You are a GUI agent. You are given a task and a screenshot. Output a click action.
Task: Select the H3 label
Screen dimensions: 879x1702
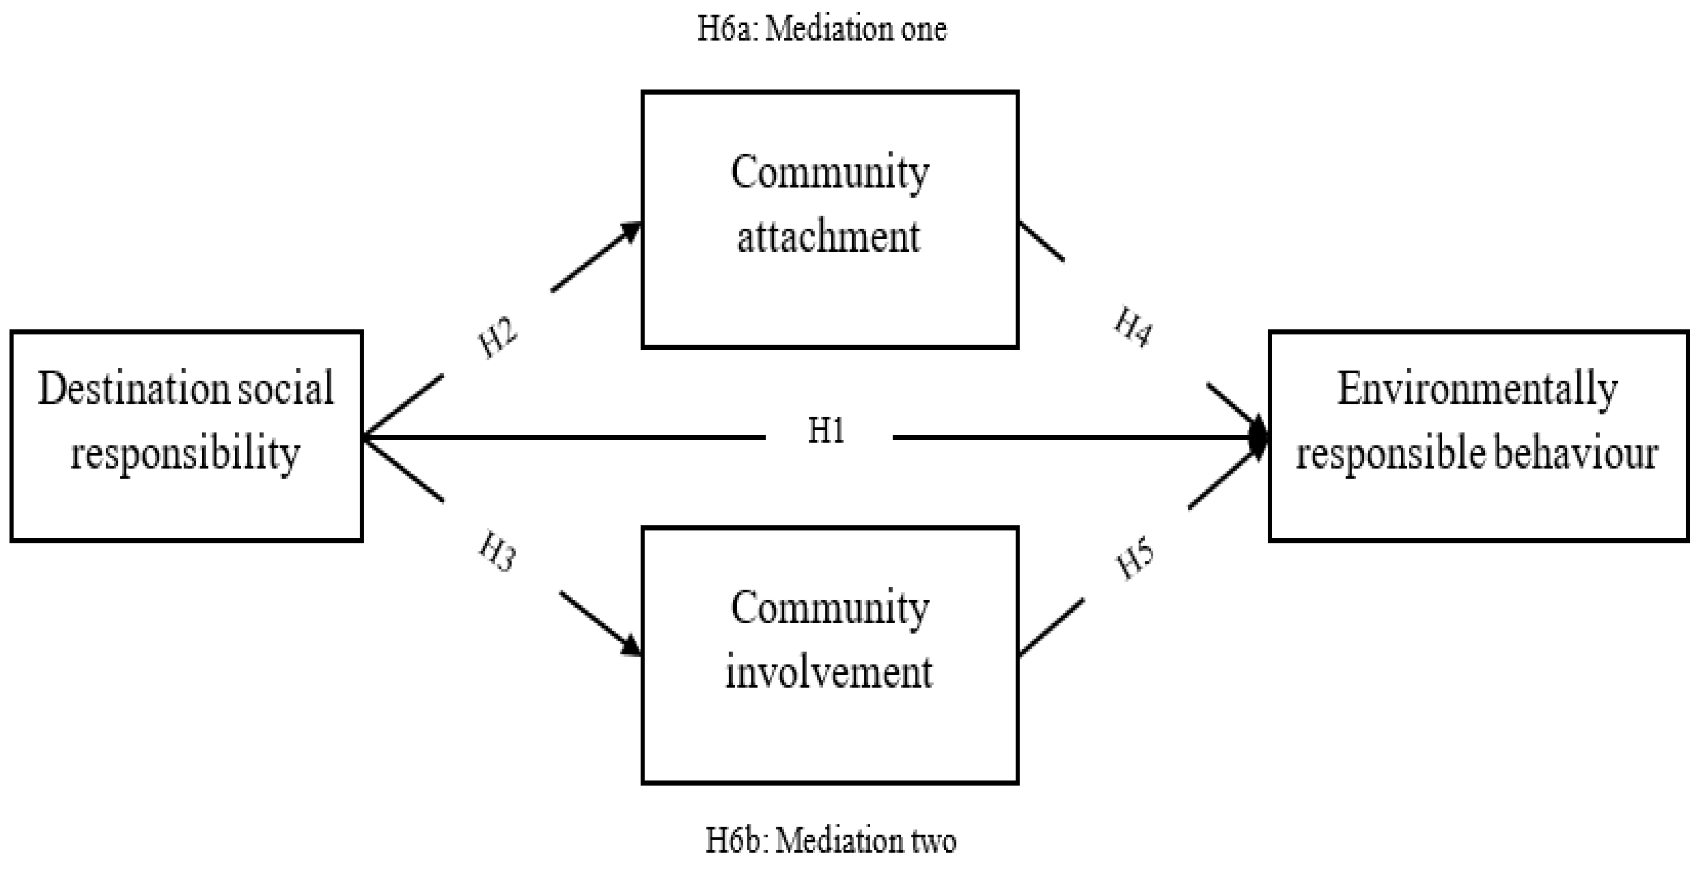(x=497, y=552)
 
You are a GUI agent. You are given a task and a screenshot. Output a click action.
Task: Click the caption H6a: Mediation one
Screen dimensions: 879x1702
(x=822, y=29)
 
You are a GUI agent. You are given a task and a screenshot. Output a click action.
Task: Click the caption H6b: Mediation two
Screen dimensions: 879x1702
(x=830, y=841)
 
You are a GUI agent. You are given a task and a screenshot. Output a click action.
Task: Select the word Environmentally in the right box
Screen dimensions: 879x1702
(x=1477, y=390)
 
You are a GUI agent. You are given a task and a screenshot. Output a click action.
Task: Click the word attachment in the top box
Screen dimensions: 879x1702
(x=829, y=237)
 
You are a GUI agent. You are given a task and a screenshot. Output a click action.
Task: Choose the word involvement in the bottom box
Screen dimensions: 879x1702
(x=829, y=672)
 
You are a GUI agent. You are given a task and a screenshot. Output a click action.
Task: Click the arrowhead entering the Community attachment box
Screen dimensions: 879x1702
(x=631, y=230)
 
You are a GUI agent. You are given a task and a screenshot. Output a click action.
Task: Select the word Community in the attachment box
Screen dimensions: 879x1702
(x=829, y=173)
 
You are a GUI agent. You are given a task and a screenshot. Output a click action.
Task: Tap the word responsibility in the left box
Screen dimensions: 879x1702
(x=185, y=454)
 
